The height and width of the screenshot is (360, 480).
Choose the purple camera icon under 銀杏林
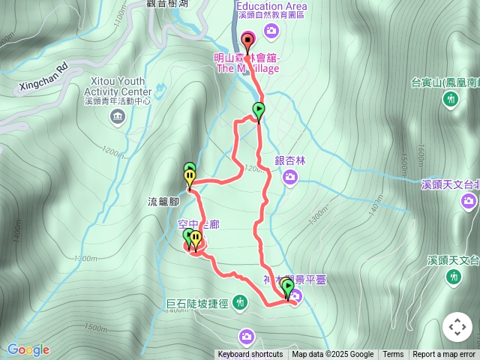coord(290,177)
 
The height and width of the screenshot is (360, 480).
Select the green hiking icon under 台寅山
coord(451,99)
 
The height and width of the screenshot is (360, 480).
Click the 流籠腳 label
coord(163,202)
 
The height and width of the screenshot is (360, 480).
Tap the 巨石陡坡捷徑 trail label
coord(199,304)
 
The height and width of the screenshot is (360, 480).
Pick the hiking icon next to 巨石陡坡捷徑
coord(240,302)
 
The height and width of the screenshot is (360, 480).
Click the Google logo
coord(28,349)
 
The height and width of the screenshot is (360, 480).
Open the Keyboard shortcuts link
coord(250,355)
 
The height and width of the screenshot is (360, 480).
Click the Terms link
coord(393,355)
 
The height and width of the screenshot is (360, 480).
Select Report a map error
coord(444,355)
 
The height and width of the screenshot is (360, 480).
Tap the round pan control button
coord(457,327)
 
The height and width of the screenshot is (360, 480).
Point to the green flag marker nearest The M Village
coord(258,111)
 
